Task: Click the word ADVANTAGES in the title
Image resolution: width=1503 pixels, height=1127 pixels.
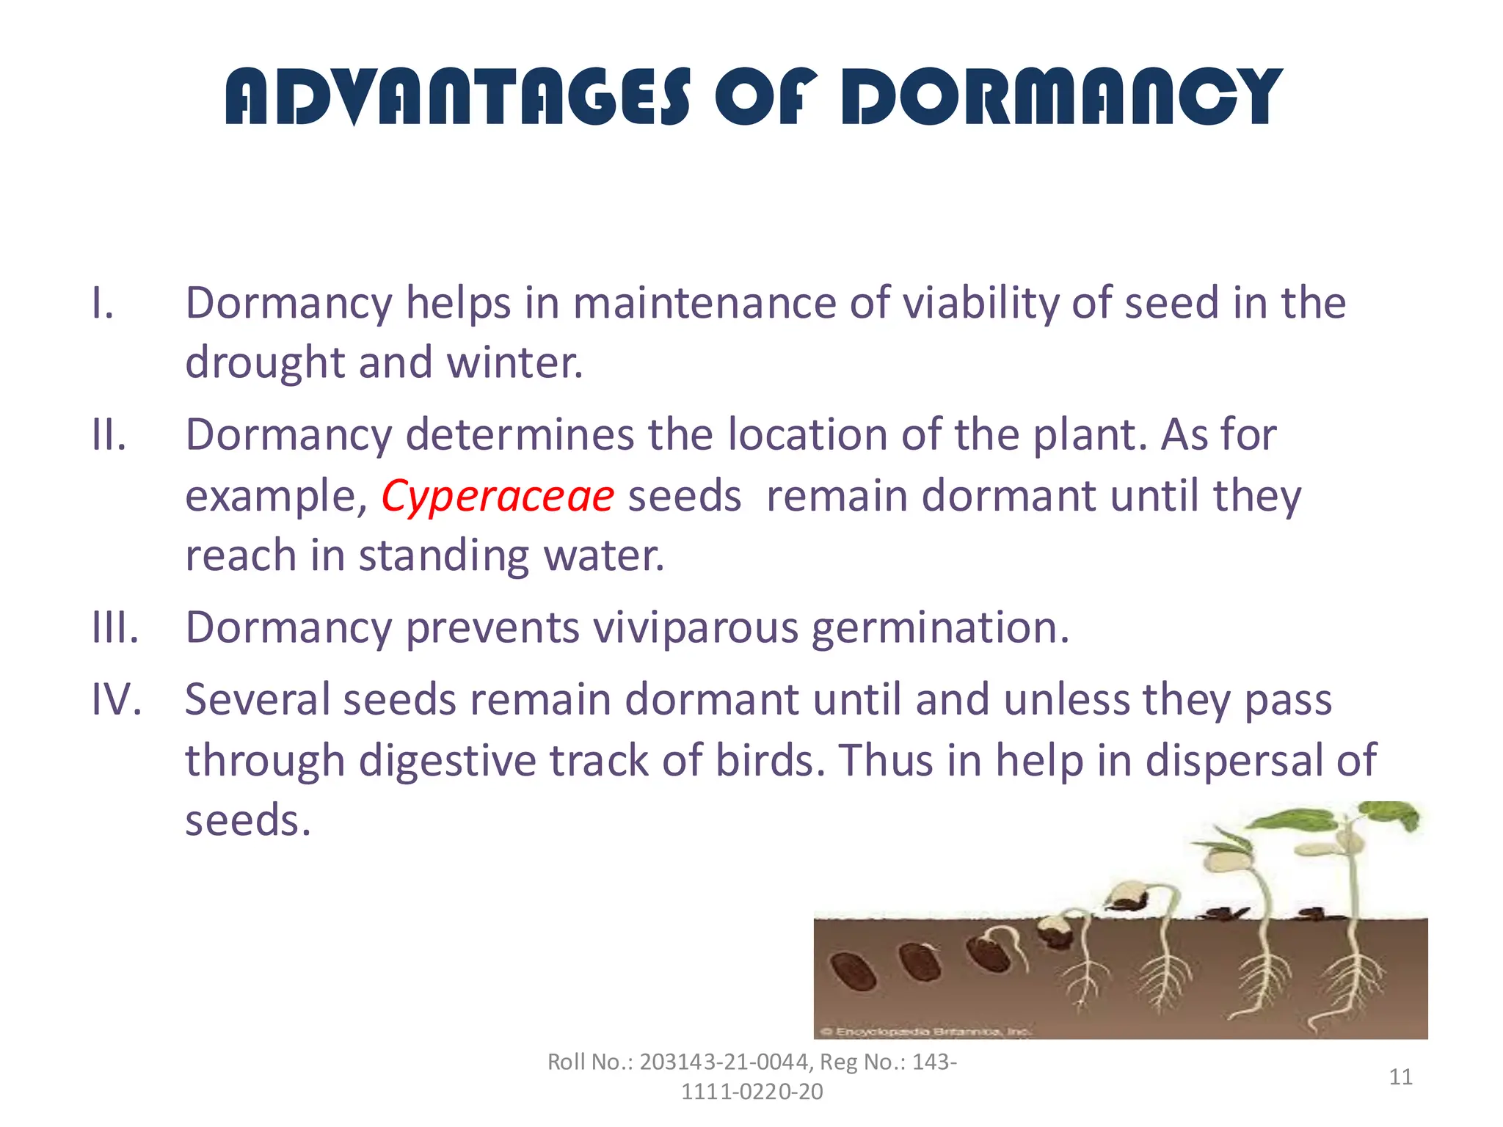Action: pyautogui.click(x=457, y=96)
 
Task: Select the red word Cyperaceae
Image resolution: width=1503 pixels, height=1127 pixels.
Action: pyautogui.click(x=497, y=496)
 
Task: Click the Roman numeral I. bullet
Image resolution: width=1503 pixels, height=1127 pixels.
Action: pyautogui.click(x=103, y=303)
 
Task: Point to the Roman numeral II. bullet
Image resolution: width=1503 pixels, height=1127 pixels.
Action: pyautogui.click(x=109, y=434)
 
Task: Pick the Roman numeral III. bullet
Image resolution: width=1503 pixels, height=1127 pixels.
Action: pyautogui.click(x=114, y=628)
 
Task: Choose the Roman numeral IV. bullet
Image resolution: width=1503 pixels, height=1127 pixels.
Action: pyautogui.click(x=116, y=699)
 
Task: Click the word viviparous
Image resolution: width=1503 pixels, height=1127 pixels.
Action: pyautogui.click(x=695, y=628)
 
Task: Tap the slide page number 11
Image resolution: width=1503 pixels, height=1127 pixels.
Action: pyautogui.click(x=1400, y=1077)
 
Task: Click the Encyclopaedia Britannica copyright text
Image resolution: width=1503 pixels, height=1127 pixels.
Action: pyautogui.click(x=925, y=1032)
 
